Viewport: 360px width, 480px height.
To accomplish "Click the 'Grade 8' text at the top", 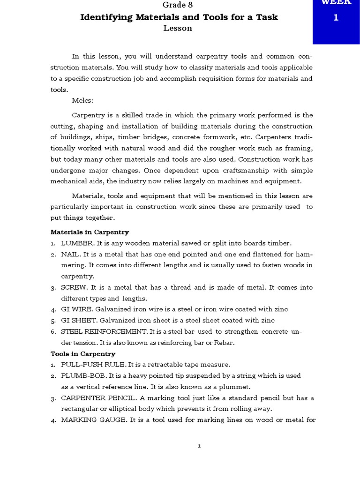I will [178, 5].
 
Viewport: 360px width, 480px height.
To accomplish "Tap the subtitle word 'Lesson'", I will [178, 28].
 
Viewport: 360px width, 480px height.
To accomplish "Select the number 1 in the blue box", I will [336, 18].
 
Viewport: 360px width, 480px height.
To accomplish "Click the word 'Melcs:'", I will [83, 101].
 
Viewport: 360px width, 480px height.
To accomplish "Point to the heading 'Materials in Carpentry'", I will [90, 232].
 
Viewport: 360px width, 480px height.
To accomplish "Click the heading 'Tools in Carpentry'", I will [83, 354].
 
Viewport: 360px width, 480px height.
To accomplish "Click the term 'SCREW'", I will [74, 287].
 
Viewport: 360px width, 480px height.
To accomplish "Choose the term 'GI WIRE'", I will [76, 309].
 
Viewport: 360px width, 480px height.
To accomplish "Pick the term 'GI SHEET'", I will [78, 321].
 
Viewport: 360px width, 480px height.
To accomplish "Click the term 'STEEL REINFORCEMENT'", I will [104, 332].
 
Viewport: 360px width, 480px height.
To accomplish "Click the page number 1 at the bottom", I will [199, 446].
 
